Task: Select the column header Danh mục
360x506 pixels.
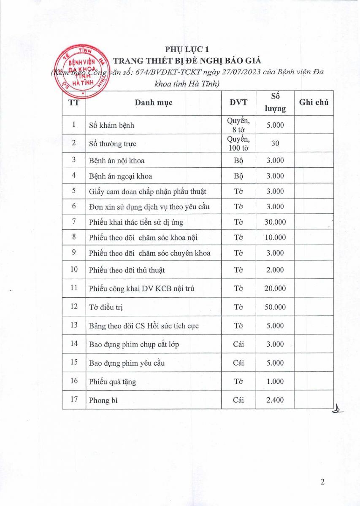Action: point(154,102)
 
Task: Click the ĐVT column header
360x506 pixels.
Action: point(238,102)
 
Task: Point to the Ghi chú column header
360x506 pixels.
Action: point(313,102)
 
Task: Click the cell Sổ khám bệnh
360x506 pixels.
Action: point(112,125)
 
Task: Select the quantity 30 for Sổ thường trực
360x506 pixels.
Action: point(275,143)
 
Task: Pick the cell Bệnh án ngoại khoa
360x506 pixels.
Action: point(121,176)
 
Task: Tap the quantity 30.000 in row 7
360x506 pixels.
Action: point(275,222)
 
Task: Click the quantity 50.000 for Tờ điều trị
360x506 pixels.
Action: point(275,307)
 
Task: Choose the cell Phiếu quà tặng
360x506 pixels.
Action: point(112,382)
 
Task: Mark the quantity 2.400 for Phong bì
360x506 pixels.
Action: point(275,400)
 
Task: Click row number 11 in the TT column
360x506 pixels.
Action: point(74,288)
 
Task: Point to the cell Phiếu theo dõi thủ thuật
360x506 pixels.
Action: point(127,270)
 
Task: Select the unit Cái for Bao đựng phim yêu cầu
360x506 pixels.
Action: point(238,363)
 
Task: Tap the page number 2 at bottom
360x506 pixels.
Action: point(322,482)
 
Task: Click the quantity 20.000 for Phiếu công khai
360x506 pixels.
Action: point(275,288)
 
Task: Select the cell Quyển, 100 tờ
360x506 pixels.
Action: point(238,143)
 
